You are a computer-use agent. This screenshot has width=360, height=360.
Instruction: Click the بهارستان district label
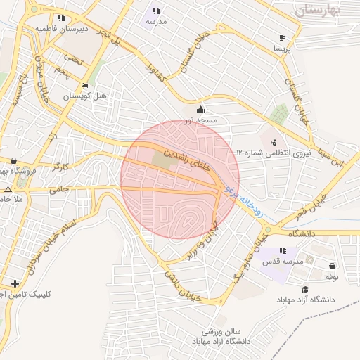coord(318,11)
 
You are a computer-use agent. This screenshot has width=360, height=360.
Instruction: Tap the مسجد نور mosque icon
coord(202,109)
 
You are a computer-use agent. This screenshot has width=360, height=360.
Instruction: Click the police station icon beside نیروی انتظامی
coord(273,141)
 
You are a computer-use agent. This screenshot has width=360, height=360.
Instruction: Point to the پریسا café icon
coord(282,37)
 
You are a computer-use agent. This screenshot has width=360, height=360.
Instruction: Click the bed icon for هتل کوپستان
coord(85,86)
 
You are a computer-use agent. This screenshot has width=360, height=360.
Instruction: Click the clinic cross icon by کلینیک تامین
coord(15,283)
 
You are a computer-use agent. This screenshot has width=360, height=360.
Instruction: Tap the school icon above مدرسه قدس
coord(283,250)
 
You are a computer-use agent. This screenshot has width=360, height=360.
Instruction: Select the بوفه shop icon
coord(331,266)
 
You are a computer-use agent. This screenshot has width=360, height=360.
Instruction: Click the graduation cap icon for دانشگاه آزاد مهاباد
coord(305,289)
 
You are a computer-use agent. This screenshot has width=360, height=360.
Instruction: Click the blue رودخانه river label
coord(243,202)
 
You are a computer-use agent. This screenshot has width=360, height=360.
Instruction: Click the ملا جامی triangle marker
coord(8,190)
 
